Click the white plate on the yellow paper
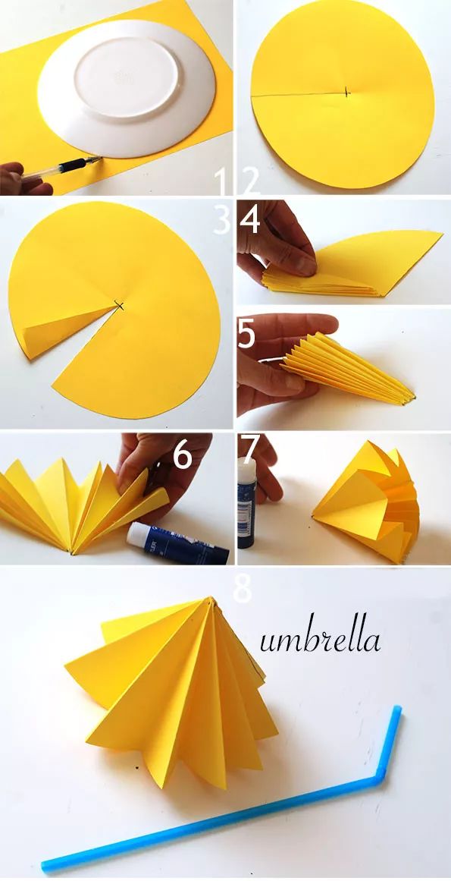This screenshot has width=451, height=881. (127, 88)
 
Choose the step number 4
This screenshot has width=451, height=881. (250, 220)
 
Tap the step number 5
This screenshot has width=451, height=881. (247, 334)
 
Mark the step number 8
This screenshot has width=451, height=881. (243, 589)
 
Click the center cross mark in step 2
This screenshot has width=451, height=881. (346, 92)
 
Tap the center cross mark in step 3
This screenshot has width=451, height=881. (119, 306)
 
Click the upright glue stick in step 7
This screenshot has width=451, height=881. (247, 502)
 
